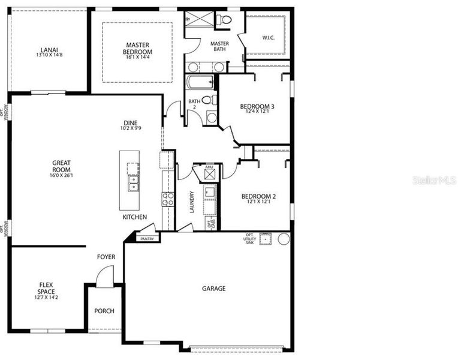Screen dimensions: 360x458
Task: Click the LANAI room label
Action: pos(49,49)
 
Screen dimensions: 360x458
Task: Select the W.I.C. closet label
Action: pos(268,38)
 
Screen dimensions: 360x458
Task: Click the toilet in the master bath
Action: pos(225,20)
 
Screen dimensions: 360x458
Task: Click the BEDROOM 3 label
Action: pos(258,107)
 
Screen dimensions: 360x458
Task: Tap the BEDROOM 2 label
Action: pos(258,196)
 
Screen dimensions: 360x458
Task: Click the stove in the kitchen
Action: pos(168,199)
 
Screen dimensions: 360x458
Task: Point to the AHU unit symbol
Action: pos(209,174)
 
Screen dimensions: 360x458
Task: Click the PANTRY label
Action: pos(147,239)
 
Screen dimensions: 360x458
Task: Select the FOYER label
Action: pos(106,257)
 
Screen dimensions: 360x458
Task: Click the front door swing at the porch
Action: pos(104,276)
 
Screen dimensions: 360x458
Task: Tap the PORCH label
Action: pos(104,311)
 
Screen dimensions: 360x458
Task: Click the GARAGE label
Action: pos(213,289)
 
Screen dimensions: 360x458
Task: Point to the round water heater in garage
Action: pos(283,239)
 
